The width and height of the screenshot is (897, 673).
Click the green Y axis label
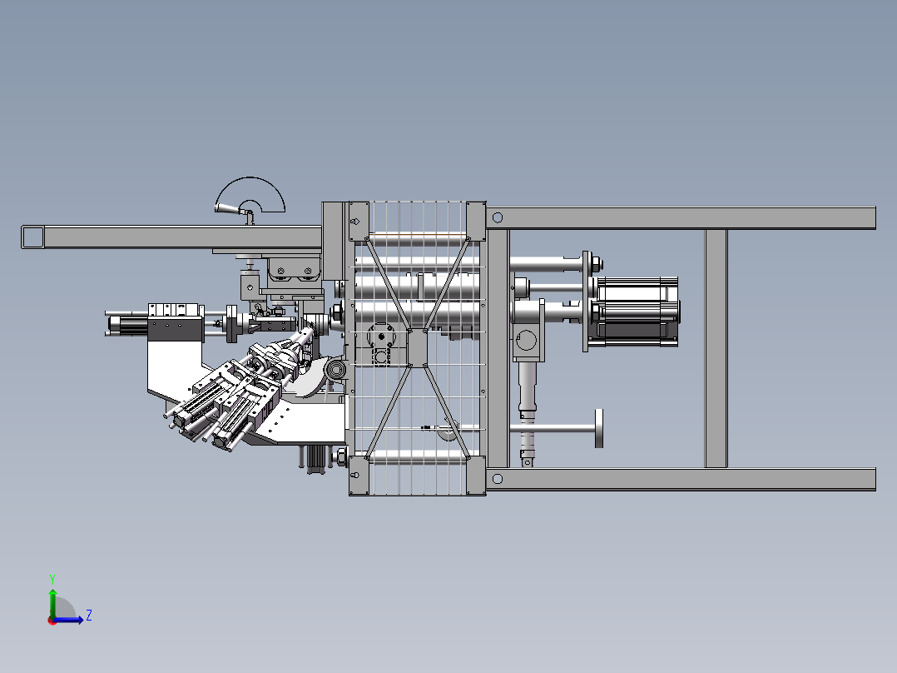tap(52, 579)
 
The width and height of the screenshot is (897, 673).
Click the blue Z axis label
tap(89, 616)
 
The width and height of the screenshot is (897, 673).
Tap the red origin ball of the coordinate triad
tap(52, 621)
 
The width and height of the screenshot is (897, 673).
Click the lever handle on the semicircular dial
tap(226, 208)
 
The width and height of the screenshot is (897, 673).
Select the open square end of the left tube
tap(32, 237)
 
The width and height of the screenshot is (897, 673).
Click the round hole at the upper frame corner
tap(497, 217)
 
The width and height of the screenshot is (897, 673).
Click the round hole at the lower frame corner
tap(497, 479)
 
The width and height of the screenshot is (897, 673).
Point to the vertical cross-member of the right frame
tap(716, 349)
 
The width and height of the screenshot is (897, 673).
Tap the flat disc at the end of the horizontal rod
tap(599, 428)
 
